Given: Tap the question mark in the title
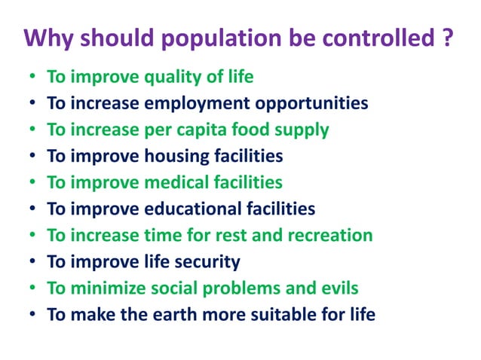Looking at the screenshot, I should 447,37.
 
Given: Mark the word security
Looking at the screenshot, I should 208,261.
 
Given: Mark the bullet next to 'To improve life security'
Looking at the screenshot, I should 32,262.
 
